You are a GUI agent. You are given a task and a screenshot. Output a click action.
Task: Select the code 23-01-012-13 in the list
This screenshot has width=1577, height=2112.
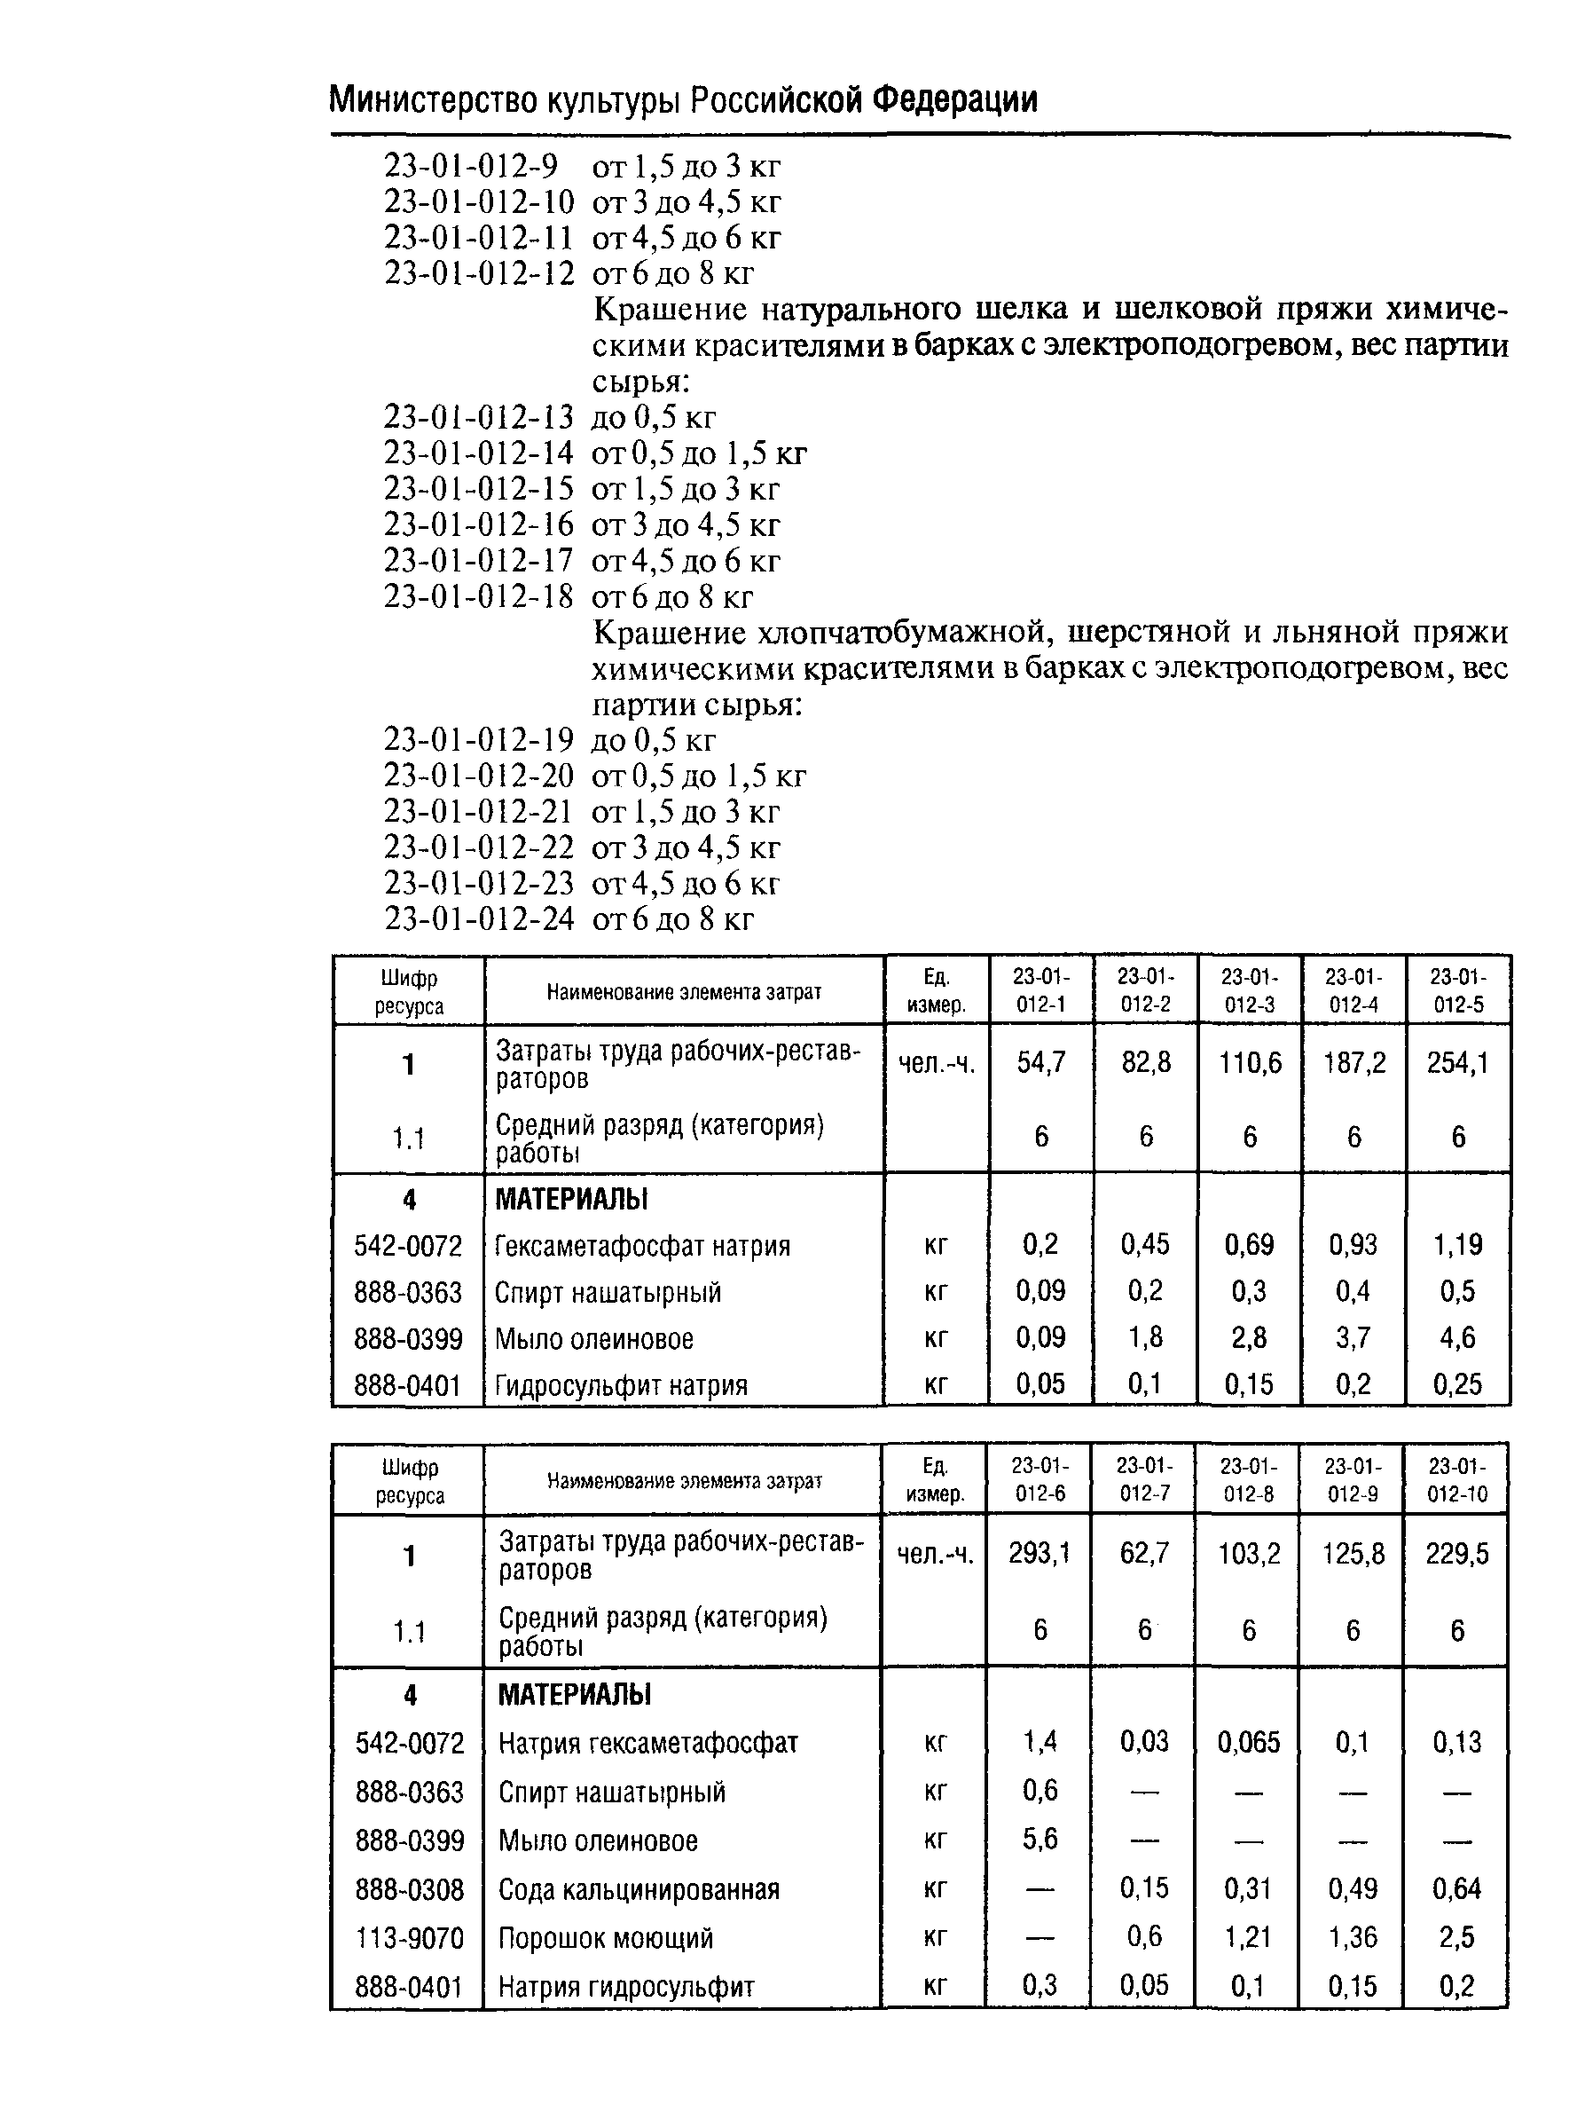[478, 417]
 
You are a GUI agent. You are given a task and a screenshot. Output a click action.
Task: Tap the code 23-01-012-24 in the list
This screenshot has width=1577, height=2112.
[478, 918]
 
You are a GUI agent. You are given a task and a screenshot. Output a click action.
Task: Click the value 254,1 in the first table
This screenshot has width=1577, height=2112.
[1456, 1063]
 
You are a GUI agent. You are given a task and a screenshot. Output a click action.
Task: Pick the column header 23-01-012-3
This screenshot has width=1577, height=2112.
[1249, 991]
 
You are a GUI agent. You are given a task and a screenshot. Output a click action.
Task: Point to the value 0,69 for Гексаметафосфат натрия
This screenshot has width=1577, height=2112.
[1249, 1245]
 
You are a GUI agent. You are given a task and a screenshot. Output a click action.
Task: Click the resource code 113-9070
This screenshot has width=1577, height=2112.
[409, 1937]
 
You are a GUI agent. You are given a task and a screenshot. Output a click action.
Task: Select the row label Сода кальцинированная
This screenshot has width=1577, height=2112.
[639, 1888]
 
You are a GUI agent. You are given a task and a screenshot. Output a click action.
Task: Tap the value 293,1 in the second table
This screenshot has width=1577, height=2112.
[1040, 1554]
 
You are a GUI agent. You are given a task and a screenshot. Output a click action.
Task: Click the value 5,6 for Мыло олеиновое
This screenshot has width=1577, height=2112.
[1040, 1839]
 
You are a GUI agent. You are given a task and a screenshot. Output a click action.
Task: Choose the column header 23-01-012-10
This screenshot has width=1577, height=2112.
[1456, 1480]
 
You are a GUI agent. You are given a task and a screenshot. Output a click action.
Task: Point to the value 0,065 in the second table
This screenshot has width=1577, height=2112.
[1249, 1743]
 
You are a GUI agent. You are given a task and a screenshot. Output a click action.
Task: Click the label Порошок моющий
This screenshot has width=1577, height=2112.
[605, 1937]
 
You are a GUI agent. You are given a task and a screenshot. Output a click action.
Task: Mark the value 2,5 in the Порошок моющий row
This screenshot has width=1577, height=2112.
[1456, 1937]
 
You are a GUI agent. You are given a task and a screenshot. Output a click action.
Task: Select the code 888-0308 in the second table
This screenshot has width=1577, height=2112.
[409, 1888]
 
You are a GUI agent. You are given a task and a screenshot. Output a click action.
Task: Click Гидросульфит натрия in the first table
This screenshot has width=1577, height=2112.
[621, 1384]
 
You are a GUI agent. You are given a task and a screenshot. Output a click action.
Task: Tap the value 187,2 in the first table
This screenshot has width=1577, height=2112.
[1353, 1063]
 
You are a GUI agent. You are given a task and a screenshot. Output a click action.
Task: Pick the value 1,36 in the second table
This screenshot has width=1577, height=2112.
[1353, 1937]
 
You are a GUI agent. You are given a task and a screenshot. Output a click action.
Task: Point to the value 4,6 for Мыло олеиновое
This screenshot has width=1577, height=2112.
[1456, 1337]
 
